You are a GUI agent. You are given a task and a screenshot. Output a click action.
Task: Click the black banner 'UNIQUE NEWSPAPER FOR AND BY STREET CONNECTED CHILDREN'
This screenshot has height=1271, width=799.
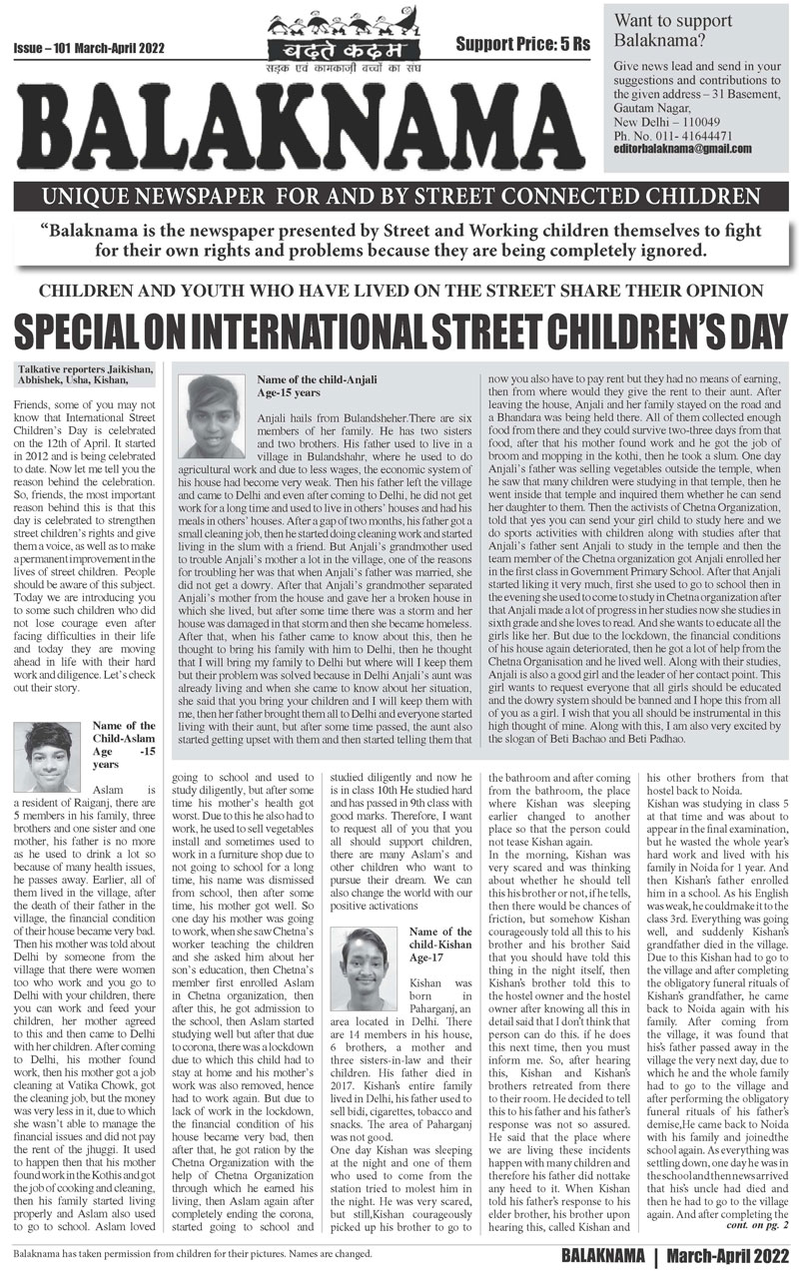[399, 198]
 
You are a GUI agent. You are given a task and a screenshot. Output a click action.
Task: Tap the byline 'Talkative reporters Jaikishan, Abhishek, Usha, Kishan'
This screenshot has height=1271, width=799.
[85, 374]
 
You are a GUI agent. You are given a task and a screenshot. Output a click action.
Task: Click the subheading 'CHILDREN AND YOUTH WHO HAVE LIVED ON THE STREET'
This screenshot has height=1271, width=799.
[399, 293]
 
